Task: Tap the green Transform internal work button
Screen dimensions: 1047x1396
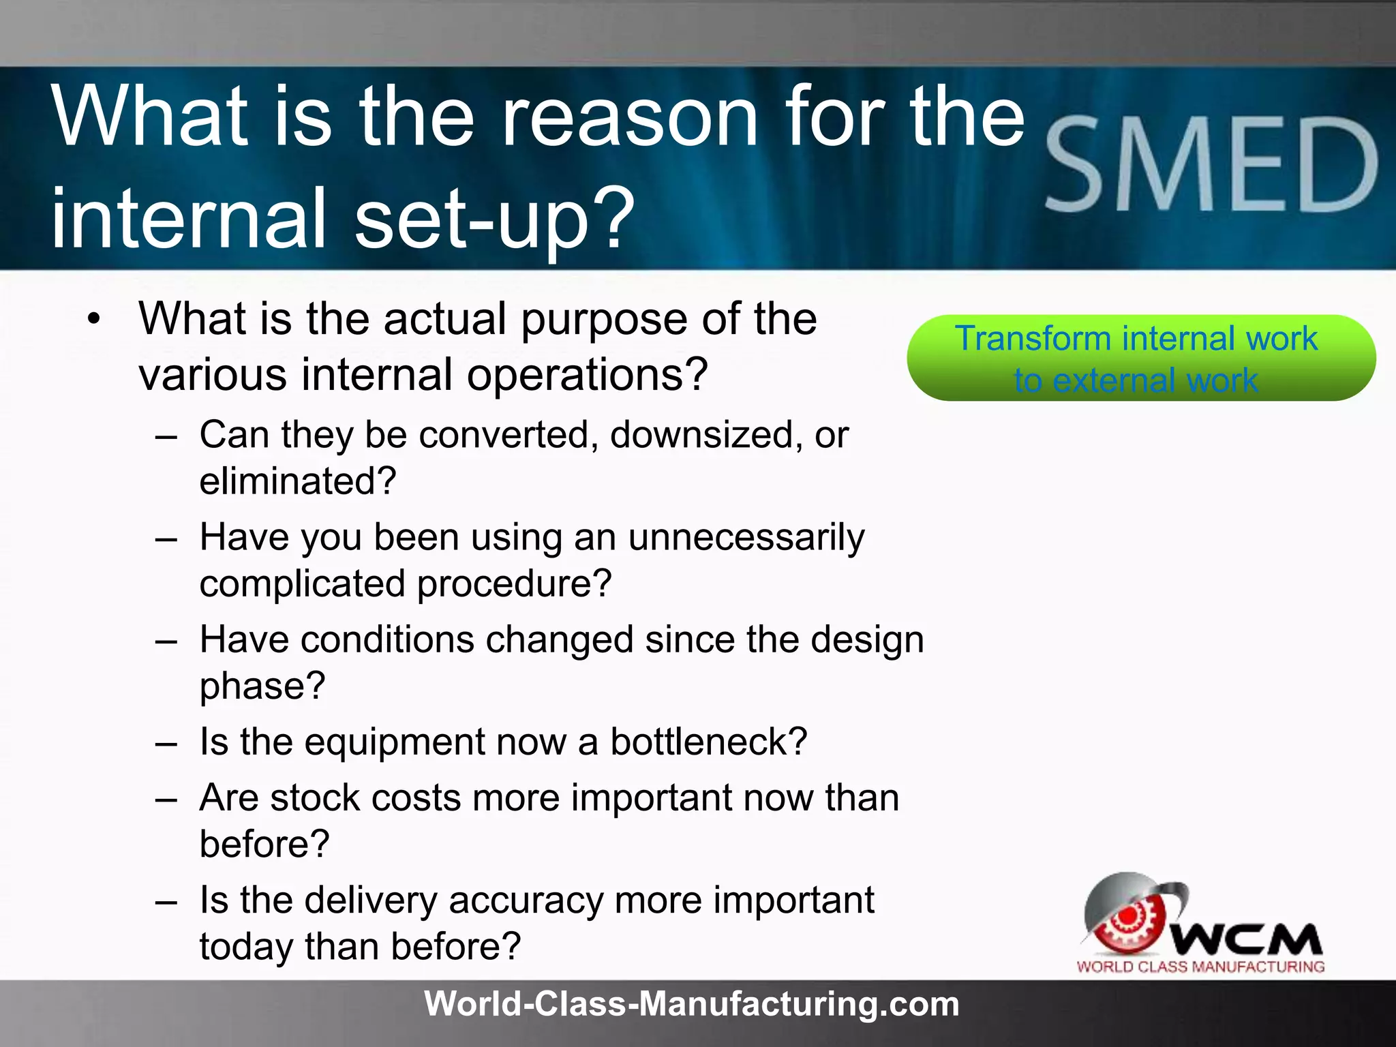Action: click(1140, 358)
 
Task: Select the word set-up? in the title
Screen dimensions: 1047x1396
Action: click(495, 218)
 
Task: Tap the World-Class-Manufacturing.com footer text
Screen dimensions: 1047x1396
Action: click(691, 1004)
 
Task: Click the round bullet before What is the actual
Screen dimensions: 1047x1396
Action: click(94, 318)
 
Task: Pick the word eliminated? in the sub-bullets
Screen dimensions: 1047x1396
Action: click(297, 481)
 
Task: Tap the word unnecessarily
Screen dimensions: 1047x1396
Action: click(746, 537)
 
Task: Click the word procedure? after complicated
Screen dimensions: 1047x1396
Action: click(514, 584)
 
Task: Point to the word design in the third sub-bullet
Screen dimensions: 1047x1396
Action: click(867, 640)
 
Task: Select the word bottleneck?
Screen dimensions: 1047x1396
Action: click(708, 742)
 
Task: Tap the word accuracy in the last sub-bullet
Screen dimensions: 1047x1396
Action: click(526, 900)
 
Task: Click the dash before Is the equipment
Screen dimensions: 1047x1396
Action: click(166, 742)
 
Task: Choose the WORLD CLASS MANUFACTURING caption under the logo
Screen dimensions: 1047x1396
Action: click(1200, 967)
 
